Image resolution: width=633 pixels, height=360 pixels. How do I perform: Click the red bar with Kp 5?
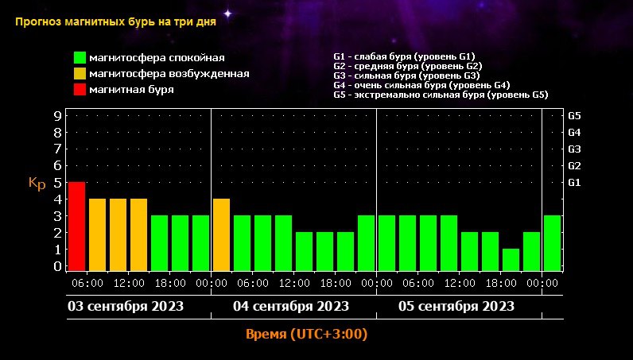pyautogui.click(x=76, y=226)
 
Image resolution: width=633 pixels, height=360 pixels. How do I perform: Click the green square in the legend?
pyautogui.click(x=80, y=58)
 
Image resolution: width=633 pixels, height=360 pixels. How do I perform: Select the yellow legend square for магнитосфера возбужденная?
pyautogui.click(x=80, y=74)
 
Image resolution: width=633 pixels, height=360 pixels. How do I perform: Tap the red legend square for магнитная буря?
pyautogui.click(x=80, y=90)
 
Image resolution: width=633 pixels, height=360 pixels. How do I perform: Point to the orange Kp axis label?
pyautogui.click(x=37, y=184)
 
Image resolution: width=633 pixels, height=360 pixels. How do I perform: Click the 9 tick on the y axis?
pyautogui.click(x=57, y=116)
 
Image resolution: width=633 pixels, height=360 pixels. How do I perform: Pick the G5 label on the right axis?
pyautogui.click(x=575, y=116)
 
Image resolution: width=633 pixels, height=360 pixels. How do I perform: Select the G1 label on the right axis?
pyautogui.click(x=575, y=183)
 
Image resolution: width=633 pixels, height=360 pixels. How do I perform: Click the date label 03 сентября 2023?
pyautogui.click(x=125, y=306)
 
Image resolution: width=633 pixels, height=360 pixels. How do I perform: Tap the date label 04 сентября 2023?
pyautogui.click(x=291, y=306)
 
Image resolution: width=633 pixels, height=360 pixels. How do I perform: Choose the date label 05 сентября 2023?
pyautogui.click(x=456, y=306)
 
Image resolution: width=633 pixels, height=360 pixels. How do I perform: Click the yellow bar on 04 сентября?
pyautogui.click(x=221, y=234)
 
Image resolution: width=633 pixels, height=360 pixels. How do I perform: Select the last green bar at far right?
pyautogui.click(x=552, y=242)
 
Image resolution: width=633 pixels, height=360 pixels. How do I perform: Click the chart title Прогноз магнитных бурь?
pyautogui.click(x=115, y=21)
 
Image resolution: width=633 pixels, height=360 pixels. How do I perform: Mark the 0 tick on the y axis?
pyautogui.click(x=57, y=266)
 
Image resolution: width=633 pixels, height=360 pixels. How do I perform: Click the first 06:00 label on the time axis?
pyautogui.click(x=87, y=283)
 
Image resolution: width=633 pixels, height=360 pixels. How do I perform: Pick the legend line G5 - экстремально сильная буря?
pyautogui.click(x=441, y=95)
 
